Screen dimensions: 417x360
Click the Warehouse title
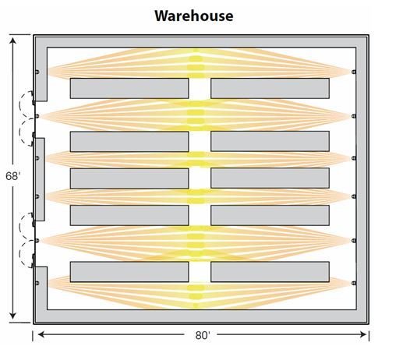point(194,16)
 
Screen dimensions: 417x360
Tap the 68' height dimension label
point(12,176)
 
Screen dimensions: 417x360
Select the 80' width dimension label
point(203,335)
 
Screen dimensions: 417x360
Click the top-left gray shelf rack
point(129,88)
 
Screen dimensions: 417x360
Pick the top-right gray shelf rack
point(270,88)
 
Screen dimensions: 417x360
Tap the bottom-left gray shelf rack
point(129,272)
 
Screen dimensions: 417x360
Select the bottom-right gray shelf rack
point(270,272)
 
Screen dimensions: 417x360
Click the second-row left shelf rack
point(129,141)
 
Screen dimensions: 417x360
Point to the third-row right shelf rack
point(270,178)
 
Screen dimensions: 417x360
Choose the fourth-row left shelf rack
point(129,215)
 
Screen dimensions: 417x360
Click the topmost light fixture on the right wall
point(354,72)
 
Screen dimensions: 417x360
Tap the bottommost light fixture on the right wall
point(354,283)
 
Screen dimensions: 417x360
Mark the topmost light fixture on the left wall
point(37,72)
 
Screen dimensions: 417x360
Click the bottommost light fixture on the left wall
point(37,283)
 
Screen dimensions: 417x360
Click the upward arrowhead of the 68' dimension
point(12,41)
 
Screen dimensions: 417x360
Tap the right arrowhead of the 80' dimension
point(363,334)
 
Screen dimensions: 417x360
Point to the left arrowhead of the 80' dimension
point(41,334)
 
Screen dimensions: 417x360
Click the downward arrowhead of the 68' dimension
point(12,316)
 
